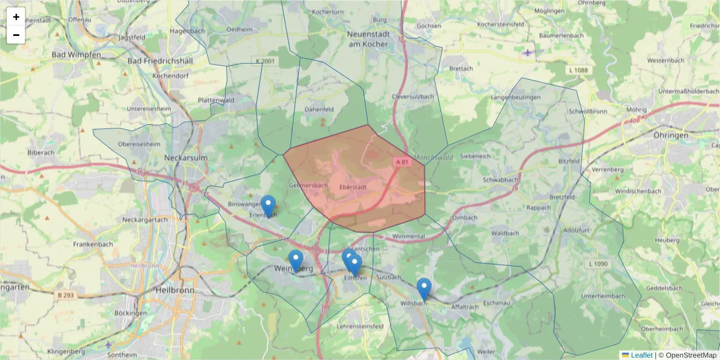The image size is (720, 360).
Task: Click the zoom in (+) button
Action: pos(16,17)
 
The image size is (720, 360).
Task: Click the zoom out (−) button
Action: pos(16,35)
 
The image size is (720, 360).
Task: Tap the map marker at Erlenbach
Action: pos(268,205)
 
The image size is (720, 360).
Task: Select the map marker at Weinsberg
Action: pos(295,260)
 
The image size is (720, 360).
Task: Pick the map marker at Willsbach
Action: pos(424,289)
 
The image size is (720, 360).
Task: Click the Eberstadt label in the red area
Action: pos(352,187)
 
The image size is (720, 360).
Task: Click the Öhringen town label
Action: pos(671,136)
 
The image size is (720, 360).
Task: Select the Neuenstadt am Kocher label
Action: pos(368,39)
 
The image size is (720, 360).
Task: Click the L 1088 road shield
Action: pos(579,70)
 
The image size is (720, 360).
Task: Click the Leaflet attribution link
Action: pos(641,355)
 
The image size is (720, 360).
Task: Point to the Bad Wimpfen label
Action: pos(76,55)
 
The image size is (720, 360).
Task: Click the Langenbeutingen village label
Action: pos(515,97)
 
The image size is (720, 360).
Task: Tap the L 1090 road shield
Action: pos(598,263)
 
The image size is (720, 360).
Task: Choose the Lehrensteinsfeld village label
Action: pos(361,326)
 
